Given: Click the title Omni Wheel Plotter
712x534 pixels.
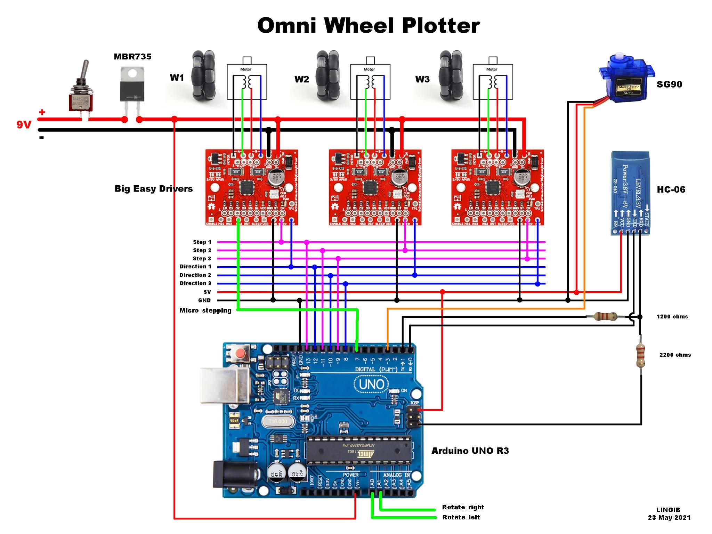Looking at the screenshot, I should tap(369, 26).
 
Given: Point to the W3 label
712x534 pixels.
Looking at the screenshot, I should tap(422, 80).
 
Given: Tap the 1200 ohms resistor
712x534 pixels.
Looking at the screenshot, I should tap(605, 316).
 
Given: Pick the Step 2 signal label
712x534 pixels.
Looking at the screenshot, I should tap(202, 250).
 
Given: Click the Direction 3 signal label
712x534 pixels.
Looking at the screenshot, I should tap(195, 283).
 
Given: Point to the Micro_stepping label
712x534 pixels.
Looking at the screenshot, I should tap(205, 310).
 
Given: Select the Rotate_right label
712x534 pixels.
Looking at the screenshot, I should tap(463, 507).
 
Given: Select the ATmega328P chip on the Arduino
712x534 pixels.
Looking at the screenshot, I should tap(358, 451).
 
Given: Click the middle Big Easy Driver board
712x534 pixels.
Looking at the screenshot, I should tap(375, 187).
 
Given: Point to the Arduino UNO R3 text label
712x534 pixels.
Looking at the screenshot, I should tap(470, 451).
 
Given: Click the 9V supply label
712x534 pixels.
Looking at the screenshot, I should tap(24, 125).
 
